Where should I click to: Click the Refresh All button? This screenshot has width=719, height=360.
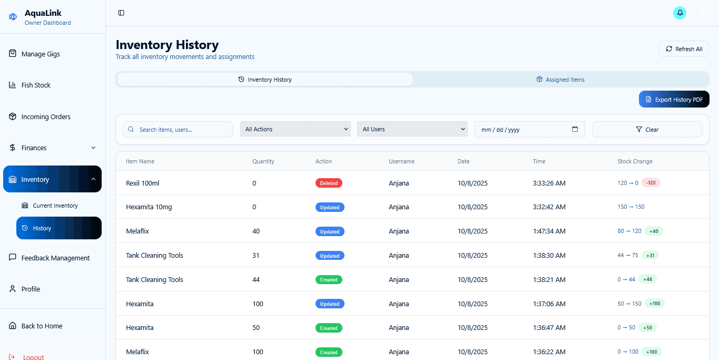[684, 49]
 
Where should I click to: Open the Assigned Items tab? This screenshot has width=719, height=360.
[560, 80]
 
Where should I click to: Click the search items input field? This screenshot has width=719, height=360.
[178, 130]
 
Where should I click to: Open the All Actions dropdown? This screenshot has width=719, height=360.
[295, 129]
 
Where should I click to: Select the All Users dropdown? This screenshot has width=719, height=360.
[412, 129]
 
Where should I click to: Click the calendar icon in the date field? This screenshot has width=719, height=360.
[575, 129]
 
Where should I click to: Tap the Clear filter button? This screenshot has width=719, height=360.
[647, 130]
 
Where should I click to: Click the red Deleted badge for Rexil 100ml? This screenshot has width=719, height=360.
[329, 183]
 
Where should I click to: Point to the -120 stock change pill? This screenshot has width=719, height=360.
[651, 183]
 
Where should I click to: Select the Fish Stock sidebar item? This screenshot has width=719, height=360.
[36, 85]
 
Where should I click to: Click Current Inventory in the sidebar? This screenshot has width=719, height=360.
[55, 206]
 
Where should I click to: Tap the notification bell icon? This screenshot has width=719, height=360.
[679, 13]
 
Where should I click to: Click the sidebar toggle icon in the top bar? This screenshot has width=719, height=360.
[121, 13]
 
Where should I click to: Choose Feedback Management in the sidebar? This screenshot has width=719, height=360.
[55, 258]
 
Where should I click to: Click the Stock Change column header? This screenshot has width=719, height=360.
[635, 161]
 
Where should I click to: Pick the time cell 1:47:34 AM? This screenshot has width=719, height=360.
[549, 231]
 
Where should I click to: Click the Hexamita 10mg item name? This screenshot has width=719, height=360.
[149, 207]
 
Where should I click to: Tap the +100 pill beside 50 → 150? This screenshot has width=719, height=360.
[655, 304]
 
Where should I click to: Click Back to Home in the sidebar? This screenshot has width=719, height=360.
[42, 326]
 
